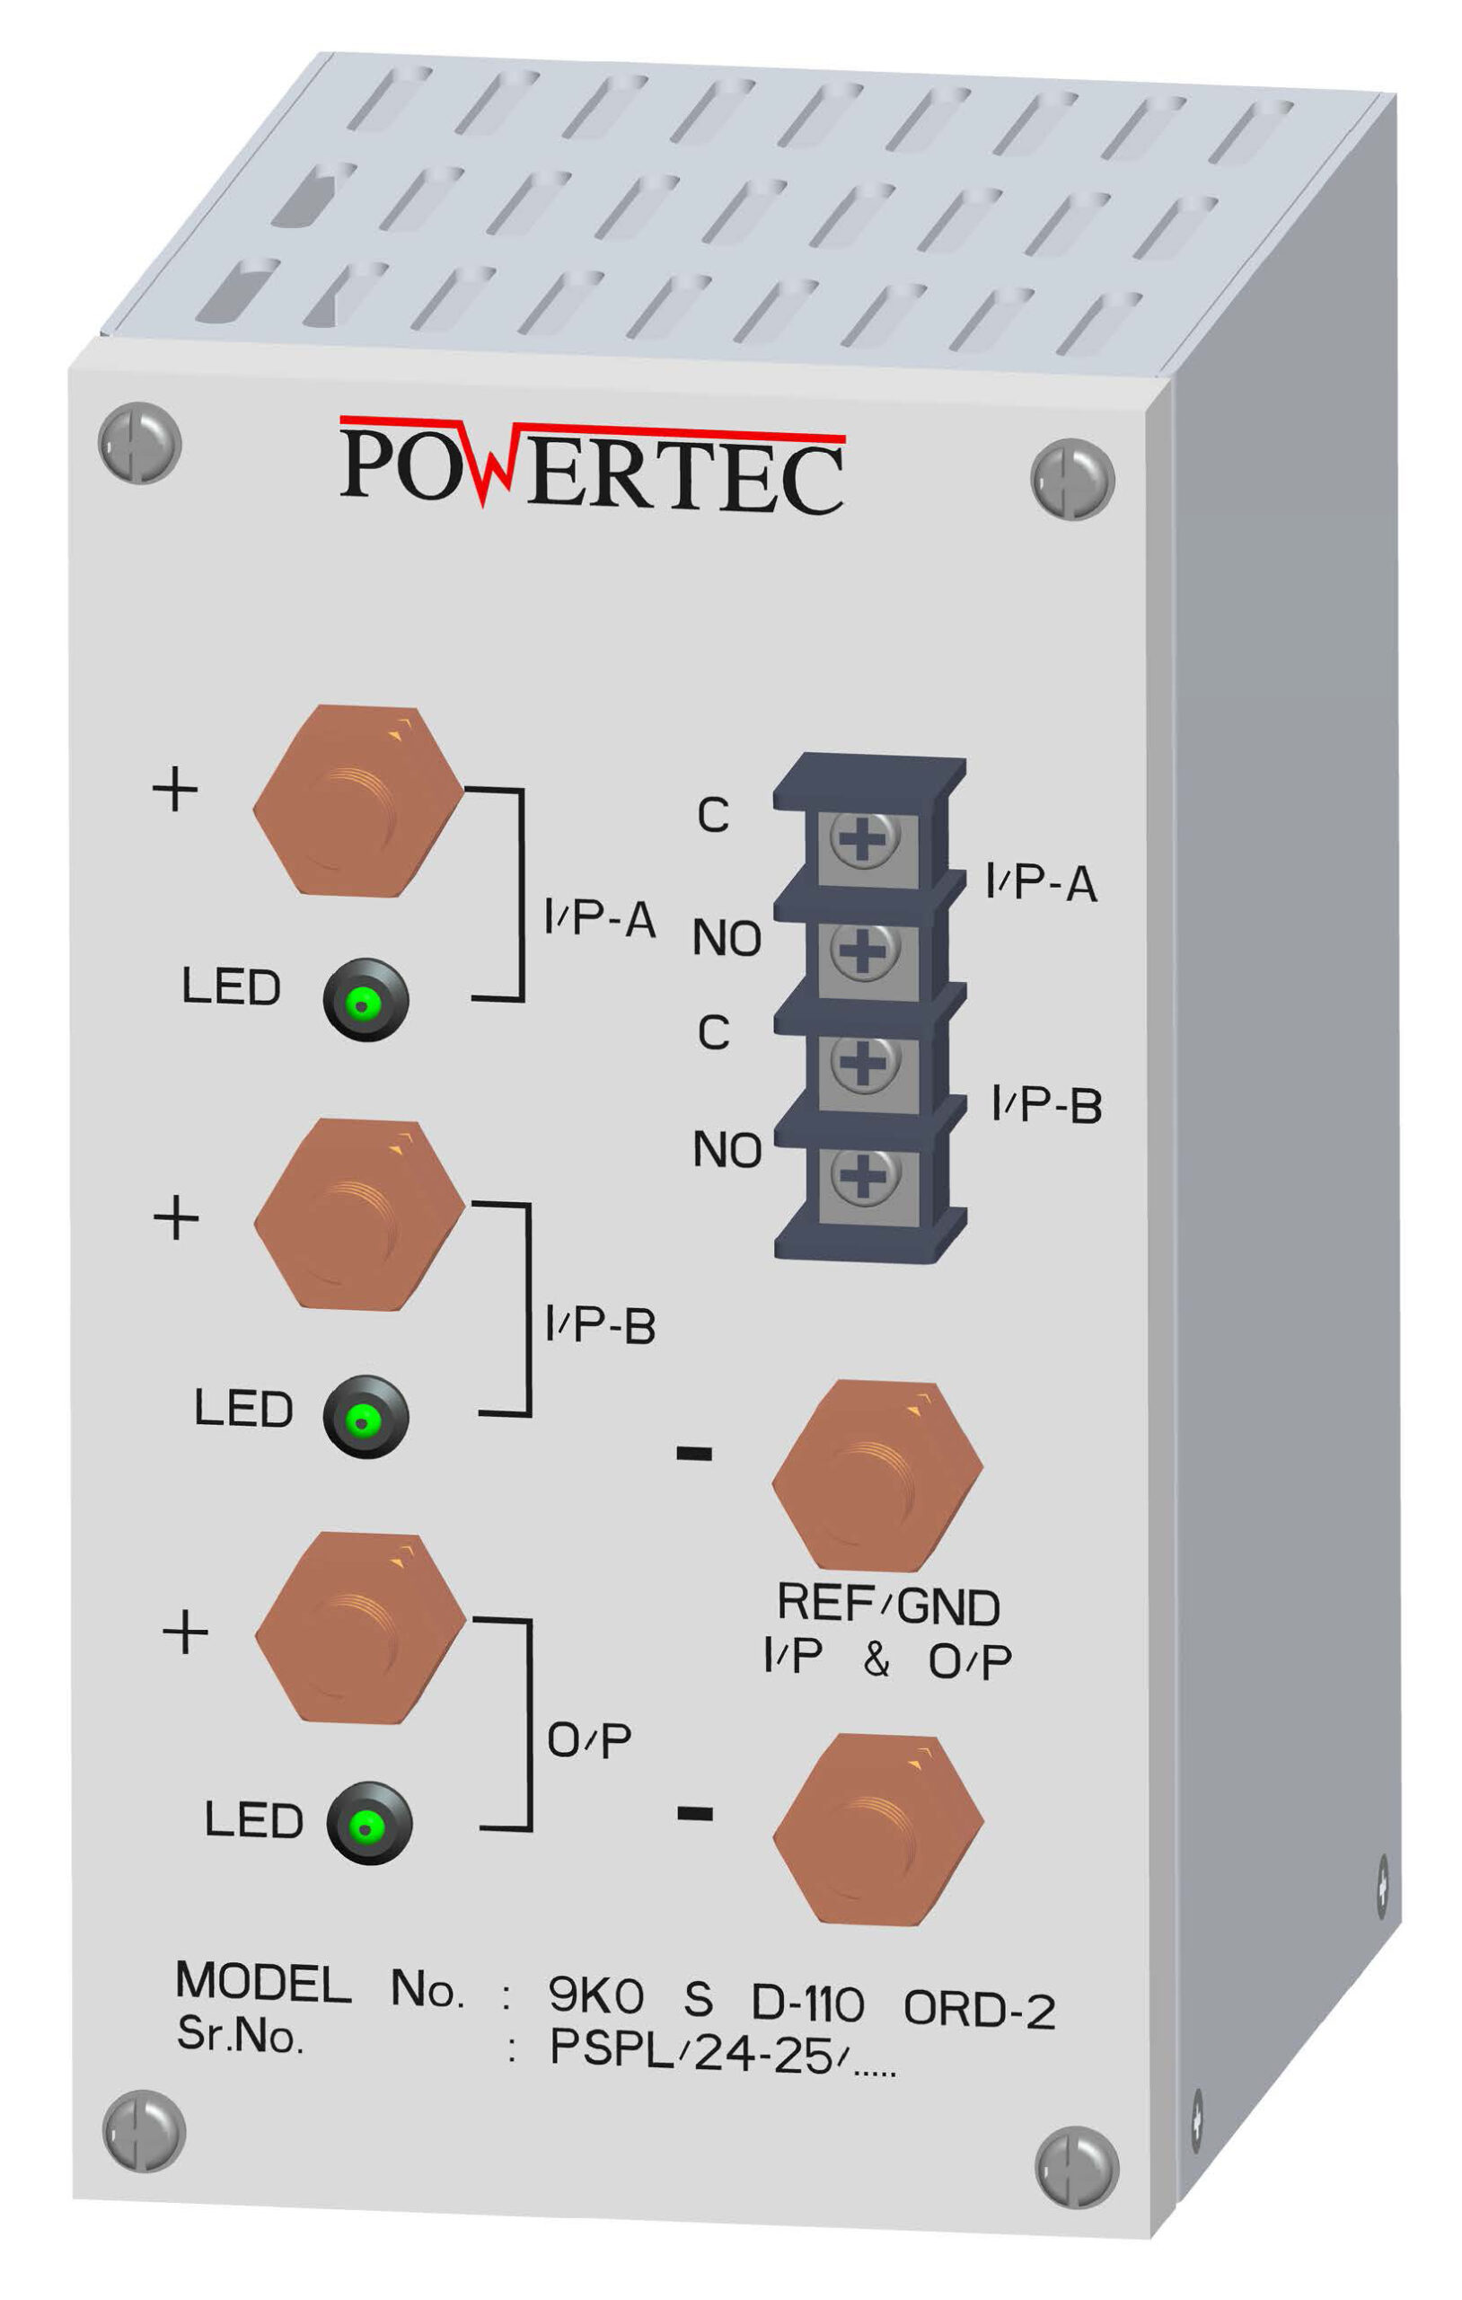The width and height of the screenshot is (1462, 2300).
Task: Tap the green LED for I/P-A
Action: [365, 1000]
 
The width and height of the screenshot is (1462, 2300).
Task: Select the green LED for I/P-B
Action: [365, 1418]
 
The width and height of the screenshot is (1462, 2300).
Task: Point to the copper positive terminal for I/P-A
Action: [358, 801]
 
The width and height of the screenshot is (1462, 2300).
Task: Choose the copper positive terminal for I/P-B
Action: [359, 1215]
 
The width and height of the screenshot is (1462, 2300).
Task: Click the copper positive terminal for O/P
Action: [360, 1629]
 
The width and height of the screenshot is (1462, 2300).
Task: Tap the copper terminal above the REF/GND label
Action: [876, 1476]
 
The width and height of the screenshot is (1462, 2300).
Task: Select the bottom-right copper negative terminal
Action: [877, 1829]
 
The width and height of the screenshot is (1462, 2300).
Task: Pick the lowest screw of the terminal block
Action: [864, 1176]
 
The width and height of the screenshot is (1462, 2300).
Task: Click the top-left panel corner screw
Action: [139, 443]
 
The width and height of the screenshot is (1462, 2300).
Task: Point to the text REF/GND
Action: [888, 1605]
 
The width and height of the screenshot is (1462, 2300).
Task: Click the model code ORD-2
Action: [979, 2009]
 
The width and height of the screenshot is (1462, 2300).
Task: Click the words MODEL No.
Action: [320, 1985]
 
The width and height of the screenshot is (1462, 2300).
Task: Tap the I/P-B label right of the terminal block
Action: [1046, 1105]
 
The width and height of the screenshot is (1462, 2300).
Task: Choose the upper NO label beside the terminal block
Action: [727, 938]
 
